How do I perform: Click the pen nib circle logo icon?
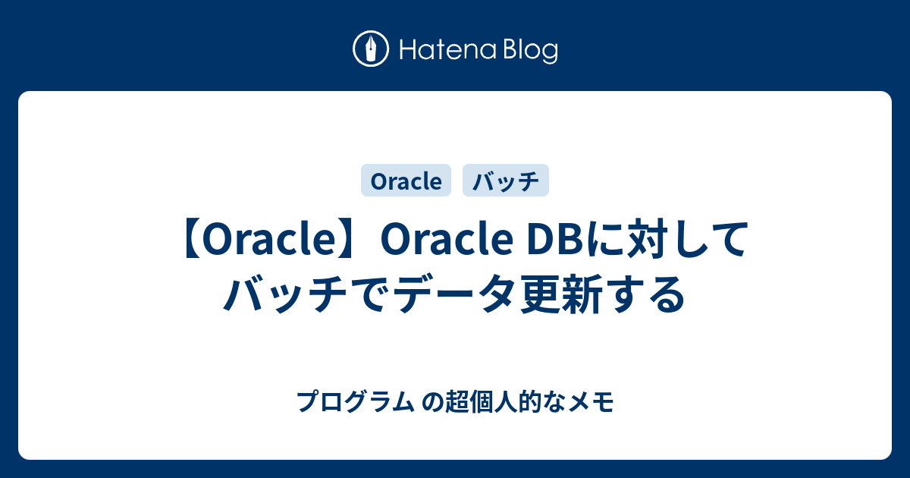click(371, 49)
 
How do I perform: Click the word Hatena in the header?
click(448, 50)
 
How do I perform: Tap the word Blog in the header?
click(531, 51)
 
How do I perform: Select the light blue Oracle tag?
click(406, 180)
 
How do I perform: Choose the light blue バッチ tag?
click(506, 180)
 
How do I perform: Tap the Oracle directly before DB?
click(447, 239)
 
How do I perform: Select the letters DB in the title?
click(556, 239)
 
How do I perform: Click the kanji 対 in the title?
click(647, 239)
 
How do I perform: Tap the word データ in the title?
click(456, 294)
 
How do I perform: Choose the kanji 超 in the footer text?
click(457, 401)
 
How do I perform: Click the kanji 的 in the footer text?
click(530, 401)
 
